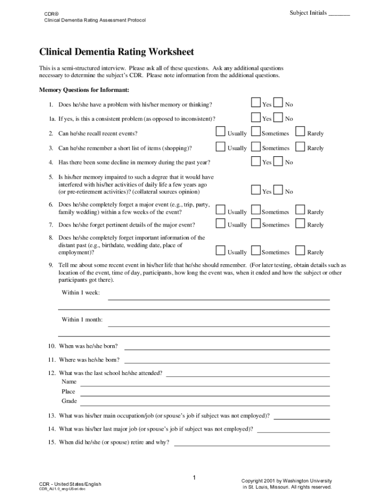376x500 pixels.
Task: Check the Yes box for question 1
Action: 256,103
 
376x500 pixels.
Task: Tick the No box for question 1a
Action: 278,117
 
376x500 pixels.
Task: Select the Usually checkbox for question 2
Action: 221,131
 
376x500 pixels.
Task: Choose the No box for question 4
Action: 278,161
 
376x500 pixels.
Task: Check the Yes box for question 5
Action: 256,190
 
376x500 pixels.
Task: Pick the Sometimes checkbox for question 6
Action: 255,210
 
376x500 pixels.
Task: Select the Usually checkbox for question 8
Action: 221,250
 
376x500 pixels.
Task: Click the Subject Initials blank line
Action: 339,15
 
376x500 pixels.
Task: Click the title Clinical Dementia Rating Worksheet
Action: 116,52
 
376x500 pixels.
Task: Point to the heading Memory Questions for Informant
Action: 84,90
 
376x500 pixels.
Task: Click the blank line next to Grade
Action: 205,404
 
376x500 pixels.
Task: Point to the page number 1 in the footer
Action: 194,477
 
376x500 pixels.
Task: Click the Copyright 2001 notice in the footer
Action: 287,484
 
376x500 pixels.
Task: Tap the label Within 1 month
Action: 82,320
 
